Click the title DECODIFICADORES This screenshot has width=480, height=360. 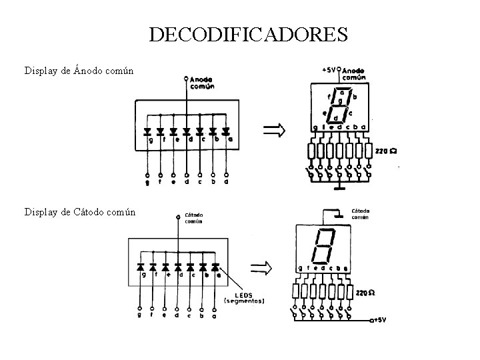pyautogui.click(x=248, y=34)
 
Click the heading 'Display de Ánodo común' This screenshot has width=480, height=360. pyautogui.click(x=79, y=70)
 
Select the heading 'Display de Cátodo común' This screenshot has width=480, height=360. pyautogui.click(x=79, y=212)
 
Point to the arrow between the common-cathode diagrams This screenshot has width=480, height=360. pyautogui.click(x=260, y=269)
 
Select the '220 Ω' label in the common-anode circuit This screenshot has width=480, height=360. pyautogui.click(x=386, y=151)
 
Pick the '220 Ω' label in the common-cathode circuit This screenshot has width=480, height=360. pyautogui.click(x=366, y=293)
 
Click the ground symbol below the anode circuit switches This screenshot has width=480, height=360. pyautogui.click(x=340, y=186)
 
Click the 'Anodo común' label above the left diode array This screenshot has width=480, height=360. pyautogui.click(x=202, y=83)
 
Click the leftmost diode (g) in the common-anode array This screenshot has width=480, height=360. pyautogui.click(x=147, y=131)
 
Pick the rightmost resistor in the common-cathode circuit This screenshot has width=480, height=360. pyautogui.click(x=350, y=292)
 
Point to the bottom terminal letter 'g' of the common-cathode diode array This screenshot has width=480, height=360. pyautogui.click(x=140, y=316)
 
